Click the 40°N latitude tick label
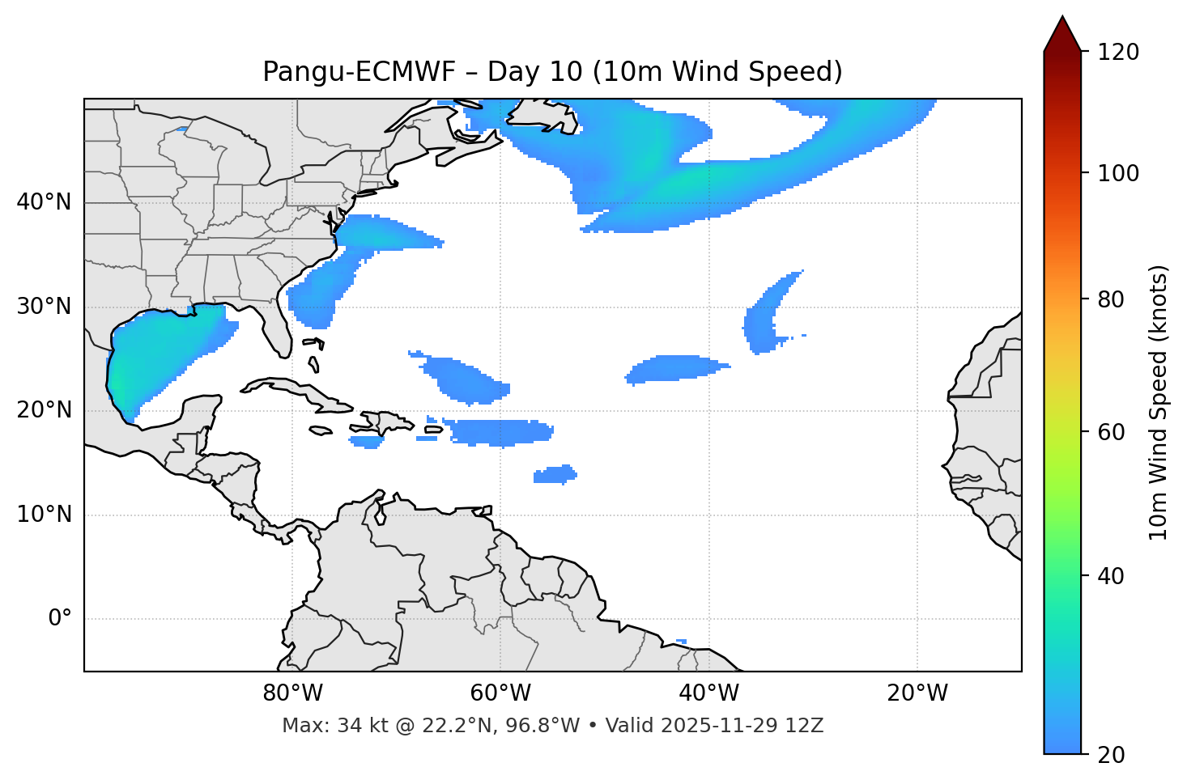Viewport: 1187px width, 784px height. (44, 202)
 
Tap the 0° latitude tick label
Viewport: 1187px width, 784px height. (60, 619)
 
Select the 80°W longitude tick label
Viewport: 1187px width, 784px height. (292, 693)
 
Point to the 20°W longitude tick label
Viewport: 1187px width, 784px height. (917, 693)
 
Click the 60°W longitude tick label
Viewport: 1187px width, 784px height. (500, 693)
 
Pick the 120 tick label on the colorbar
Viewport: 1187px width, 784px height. (1118, 53)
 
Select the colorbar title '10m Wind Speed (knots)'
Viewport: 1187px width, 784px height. (1159, 402)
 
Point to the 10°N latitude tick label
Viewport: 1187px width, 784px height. (44, 515)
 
